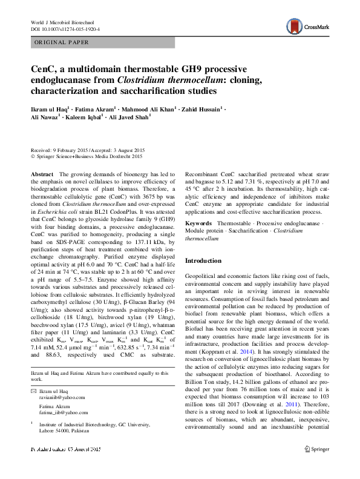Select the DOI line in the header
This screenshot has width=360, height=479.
click(x=65, y=29)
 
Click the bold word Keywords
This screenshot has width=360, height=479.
click(x=199, y=223)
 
